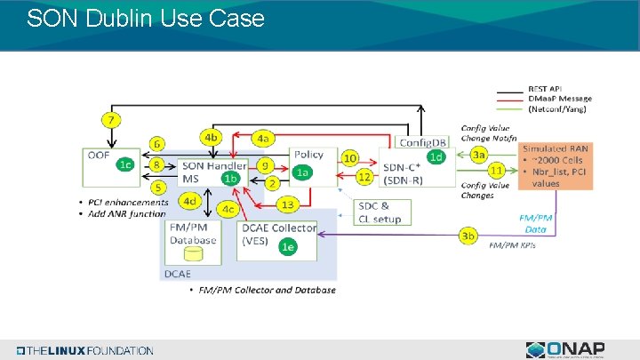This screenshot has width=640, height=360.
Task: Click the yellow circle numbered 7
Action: [x=112, y=120]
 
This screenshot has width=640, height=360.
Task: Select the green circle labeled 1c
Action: [x=126, y=164]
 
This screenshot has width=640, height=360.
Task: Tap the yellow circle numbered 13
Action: [x=287, y=205]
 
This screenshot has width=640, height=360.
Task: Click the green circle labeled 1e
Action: [x=286, y=247]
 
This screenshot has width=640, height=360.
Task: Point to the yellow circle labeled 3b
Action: [x=468, y=236]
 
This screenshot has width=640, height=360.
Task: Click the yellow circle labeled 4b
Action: [x=211, y=138]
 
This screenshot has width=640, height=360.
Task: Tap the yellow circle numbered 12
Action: [x=364, y=177]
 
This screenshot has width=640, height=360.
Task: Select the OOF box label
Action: [x=98, y=155]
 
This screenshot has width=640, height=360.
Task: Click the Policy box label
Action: [x=308, y=155]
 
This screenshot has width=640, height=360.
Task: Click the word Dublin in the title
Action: [x=117, y=18]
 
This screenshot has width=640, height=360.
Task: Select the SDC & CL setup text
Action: [x=380, y=212]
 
